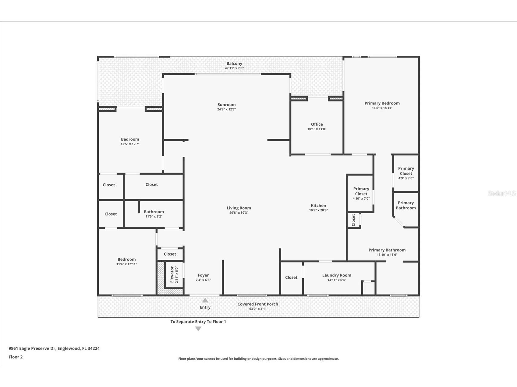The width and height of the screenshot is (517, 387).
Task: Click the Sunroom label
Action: point(226,105)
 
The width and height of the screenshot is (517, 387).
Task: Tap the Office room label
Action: point(317,124)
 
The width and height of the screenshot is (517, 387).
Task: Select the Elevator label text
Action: point(172,274)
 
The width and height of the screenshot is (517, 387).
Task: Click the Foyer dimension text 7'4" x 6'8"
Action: point(203,280)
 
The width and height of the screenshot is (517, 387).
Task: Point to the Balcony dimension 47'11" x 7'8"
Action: point(234,68)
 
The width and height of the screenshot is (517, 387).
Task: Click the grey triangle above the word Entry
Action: point(205,300)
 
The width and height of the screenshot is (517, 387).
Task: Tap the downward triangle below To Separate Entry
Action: point(198,329)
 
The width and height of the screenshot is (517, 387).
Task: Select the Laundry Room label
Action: point(337,275)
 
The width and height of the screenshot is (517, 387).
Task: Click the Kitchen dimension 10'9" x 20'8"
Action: point(318,210)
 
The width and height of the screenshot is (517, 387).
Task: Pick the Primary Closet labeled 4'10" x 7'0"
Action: point(361,191)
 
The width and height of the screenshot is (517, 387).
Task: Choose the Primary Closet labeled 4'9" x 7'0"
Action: point(406,171)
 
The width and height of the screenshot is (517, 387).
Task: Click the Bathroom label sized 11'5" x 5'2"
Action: point(154,212)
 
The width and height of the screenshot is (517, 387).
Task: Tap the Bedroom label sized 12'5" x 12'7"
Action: point(130,139)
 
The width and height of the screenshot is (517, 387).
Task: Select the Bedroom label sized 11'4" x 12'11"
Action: point(126,260)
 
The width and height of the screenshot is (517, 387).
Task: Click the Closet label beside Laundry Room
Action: point(291,277)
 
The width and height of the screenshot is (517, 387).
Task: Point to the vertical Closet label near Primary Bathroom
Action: point(353,220)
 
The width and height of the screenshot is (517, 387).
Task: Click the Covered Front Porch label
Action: point(257,304)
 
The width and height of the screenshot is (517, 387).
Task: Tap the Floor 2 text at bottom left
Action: point(16,357)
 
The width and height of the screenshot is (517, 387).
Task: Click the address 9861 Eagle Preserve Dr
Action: point(32,348)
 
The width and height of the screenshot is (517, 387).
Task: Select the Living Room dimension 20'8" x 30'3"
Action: point(239,213)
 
